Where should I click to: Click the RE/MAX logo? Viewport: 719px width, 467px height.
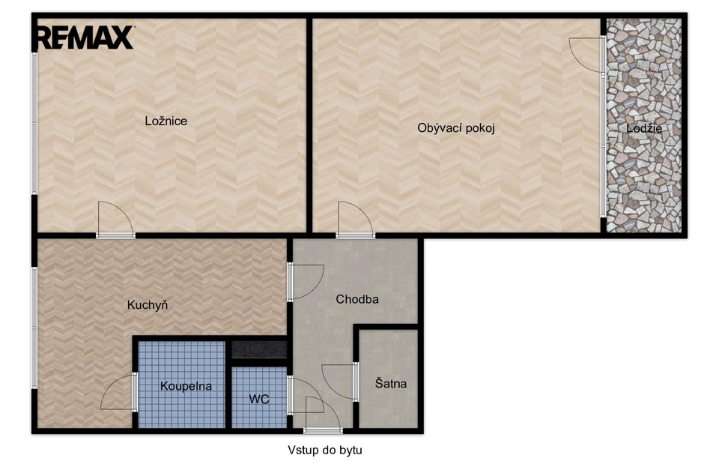85,37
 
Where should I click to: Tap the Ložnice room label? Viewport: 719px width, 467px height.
166,121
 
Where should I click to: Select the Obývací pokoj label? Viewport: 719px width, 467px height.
456,128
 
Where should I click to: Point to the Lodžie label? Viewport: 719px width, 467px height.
644,128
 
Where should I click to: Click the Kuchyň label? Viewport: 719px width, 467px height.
148,305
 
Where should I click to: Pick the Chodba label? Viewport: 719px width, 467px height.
357,300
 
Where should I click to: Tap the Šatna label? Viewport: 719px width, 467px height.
391,383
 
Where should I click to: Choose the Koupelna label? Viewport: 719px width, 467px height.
186,386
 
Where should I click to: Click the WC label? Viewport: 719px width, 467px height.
259,399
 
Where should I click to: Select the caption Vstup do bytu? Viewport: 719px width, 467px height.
325,450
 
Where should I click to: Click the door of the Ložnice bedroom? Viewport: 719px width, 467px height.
115,220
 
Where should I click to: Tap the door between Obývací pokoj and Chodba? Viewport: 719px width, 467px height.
355,220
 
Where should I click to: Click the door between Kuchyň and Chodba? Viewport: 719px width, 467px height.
306,282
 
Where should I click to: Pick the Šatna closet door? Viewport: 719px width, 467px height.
340,382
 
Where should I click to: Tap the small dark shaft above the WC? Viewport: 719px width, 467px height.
259,349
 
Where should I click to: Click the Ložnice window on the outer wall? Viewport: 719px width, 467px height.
34,123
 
